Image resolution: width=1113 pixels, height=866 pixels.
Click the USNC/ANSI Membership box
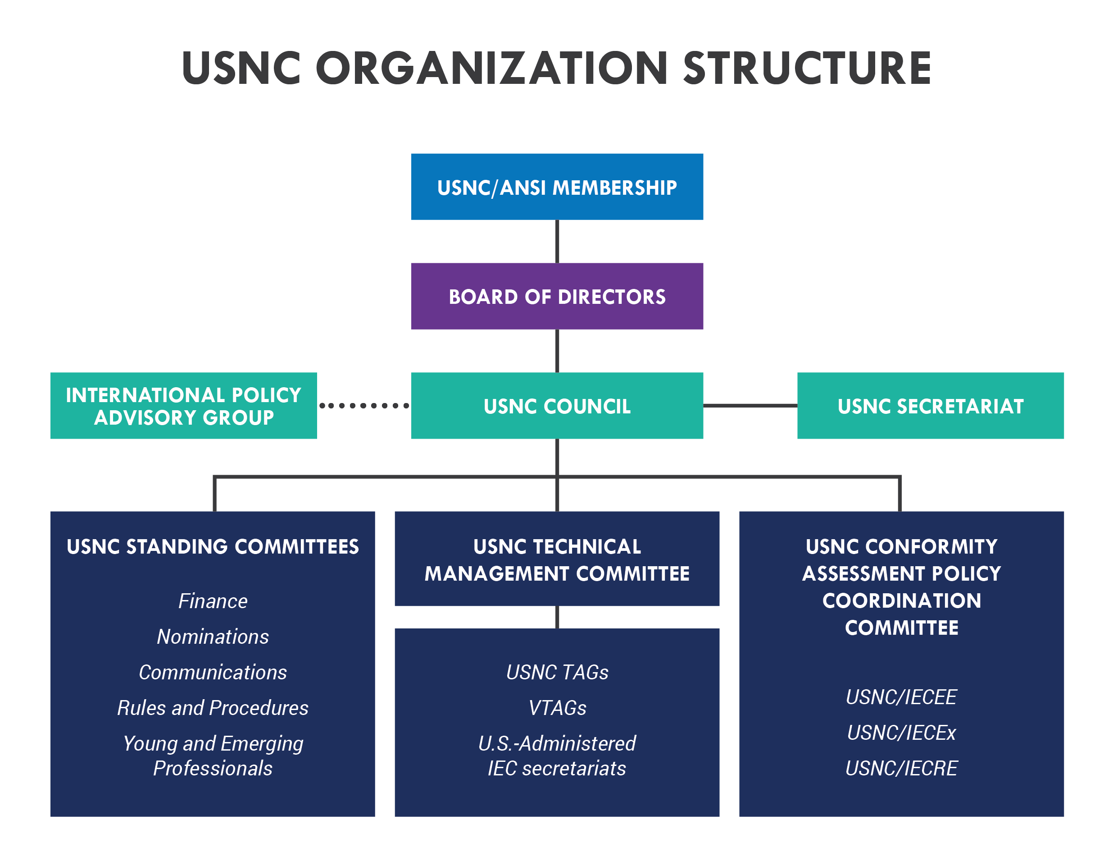pos(557,187)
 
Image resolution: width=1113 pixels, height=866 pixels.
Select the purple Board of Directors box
pos(557,296)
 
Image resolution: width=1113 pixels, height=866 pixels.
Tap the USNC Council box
pos(557,406)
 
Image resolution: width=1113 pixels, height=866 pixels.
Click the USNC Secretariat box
pos(930,406)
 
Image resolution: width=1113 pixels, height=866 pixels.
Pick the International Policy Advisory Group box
pos(183,406)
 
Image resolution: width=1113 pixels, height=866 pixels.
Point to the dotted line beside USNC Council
pos(364,406)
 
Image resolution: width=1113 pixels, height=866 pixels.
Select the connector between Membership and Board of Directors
pos(557,241)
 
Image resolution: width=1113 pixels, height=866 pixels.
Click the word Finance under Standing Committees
pos(213,601)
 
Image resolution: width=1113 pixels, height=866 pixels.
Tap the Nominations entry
pos(213,637)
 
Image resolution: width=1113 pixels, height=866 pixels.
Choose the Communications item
pos(213,673)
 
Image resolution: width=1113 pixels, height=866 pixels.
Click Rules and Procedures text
pos(213,708)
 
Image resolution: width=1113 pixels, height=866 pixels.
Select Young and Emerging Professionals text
pos(213,756)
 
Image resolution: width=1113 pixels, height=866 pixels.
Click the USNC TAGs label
pos(557,673)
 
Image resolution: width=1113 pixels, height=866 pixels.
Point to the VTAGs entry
pos(557,708)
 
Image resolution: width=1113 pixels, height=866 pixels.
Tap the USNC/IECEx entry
pos(901,733)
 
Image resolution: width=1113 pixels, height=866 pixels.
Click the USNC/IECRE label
pos(901,769)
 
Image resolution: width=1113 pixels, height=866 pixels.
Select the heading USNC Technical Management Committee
pos(557,560)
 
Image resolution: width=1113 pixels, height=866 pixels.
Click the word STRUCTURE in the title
pos(807,69)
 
